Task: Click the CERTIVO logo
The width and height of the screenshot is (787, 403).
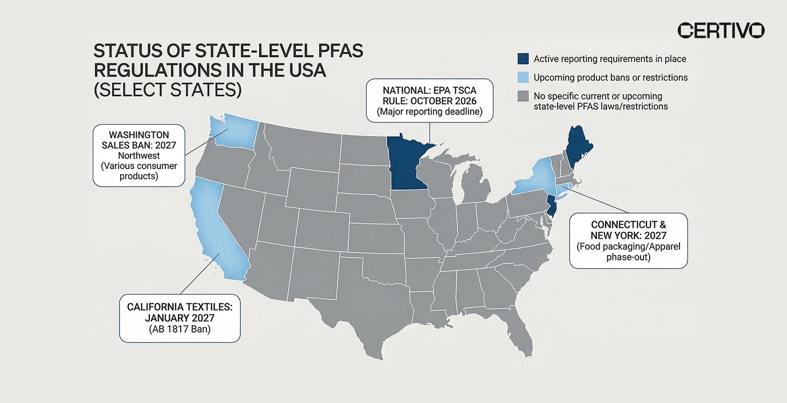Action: pos(721,30)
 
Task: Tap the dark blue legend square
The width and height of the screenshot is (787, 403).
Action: pos(522,59)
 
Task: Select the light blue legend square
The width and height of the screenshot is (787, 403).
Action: pos(522,77)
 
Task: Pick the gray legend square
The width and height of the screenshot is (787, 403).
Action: pos(522,96)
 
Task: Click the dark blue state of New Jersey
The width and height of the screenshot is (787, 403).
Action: pos(551,206)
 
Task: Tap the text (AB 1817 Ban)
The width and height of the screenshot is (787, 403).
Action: pos(180,329)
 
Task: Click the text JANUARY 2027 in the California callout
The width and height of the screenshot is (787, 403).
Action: pos(180,318)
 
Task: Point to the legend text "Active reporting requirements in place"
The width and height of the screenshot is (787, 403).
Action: pos(610,59)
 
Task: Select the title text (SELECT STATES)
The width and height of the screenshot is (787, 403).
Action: pos(167,90)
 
